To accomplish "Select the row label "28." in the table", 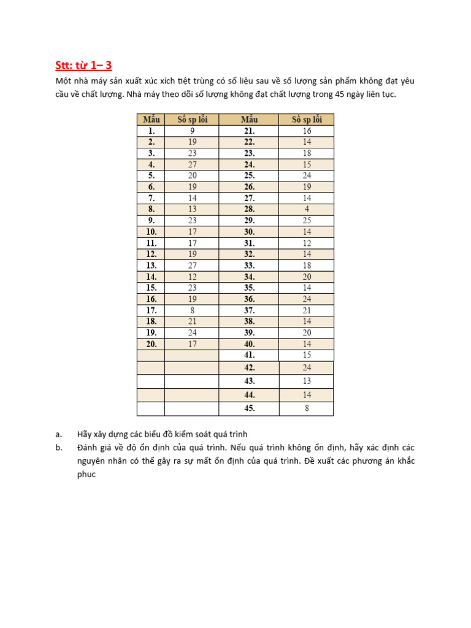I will (249, 209).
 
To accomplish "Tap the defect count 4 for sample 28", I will (307, 209).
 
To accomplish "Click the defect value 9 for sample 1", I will (192, 131).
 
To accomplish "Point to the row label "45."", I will (249, 408).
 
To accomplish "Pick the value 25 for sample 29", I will (307, 220).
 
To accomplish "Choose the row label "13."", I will (151, 266).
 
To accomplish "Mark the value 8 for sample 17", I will (192, 310).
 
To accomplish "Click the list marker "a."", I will (59, 435).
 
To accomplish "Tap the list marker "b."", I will (59, 448).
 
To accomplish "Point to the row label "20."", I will (151, 344).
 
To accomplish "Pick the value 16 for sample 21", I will (307, 131).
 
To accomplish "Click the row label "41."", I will (249, 355).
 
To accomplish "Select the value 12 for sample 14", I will (192, 277).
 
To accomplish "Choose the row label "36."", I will (249, 299).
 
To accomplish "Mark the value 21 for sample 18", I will (192, 321).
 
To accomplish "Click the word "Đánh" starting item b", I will (88, 448).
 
